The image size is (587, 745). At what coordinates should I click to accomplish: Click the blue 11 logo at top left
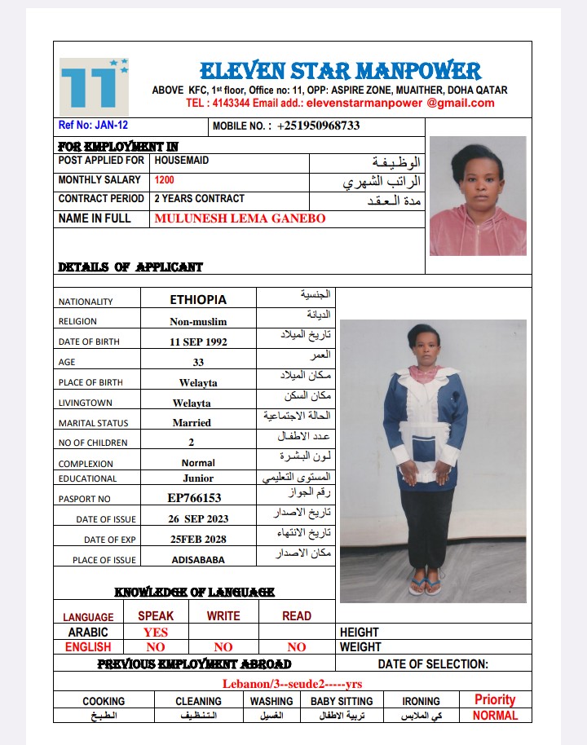[x=94, y=84]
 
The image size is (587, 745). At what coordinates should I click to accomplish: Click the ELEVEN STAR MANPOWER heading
[x=340, y=71]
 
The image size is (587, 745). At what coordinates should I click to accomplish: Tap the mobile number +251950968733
[x=318, y=126]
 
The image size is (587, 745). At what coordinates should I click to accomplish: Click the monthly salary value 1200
[x=164, y=180]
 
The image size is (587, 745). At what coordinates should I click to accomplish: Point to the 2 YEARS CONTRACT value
[x=199, y=199]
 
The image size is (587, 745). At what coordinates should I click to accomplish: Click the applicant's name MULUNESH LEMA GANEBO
[x=240, y=218]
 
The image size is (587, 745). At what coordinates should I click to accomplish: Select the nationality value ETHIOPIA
[x=198, y=300]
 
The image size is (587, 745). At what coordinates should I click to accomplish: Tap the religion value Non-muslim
[x=198, y=321]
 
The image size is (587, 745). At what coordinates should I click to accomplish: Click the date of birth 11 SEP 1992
[x=198, y=342]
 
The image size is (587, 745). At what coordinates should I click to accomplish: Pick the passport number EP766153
[x=194, y=497]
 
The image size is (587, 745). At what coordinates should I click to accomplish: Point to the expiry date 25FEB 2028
[x=198, y=539]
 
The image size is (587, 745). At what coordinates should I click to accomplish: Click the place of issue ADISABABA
[x=198, y=560]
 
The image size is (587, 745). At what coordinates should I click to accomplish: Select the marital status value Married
[x=192, y=423]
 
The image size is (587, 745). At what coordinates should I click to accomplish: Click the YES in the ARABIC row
[x=156, y=632]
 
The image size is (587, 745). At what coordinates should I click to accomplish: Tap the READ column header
[x=297, y=616]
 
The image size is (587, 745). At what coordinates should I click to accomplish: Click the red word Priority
[x=495, y=699]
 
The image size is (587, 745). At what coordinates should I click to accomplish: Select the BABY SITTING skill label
[x=342, y=701]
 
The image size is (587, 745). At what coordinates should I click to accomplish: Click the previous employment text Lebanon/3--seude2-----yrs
[x=292, y=684]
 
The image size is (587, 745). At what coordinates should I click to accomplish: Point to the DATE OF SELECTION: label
[x=433, y=664]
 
